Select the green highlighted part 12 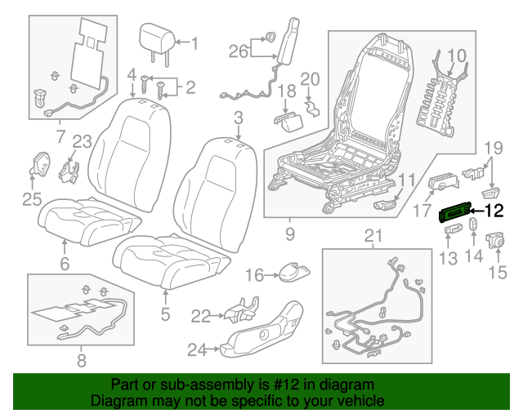(x=454, y=212)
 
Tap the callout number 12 (x=494, y=211)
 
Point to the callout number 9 (x=290, y=234)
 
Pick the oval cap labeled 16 (x=293, y=272)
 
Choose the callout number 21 (x=373, y=236)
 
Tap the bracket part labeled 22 (x=242, y=310)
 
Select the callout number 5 (x=165, y=314)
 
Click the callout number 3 (x=238, y=118)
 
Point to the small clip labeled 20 (x=312, y=109)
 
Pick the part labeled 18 (x=288, y=122)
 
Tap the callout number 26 (x=239, y=51)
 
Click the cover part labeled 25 (x=39, y=165)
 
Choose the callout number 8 (x=82, y=360)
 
